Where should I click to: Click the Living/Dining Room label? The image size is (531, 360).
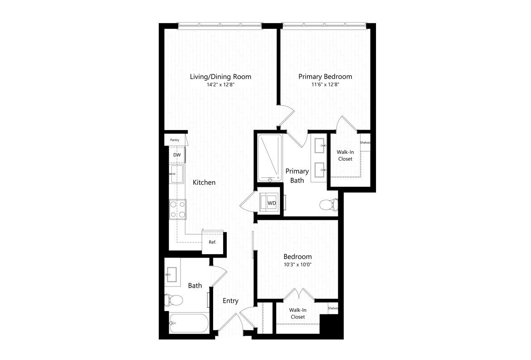(x=221, y=77)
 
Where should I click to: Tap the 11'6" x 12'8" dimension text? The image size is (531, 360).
(x=325, y=84)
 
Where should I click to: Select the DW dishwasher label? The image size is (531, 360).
(x=177, y=155)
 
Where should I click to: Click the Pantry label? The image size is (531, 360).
(x=175, y=140)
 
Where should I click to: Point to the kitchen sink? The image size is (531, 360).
(x=177, y=174)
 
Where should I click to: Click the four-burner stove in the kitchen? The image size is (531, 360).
(x=178, y=209)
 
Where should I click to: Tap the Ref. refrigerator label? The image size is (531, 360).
(x=212, y=242)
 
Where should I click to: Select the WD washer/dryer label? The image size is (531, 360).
(x=272, y=203)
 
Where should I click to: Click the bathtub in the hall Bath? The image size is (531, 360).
(x=189, y=323)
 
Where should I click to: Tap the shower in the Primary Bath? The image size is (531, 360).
(x=270, y=158)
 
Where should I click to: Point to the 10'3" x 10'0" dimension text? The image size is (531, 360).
(x=297, y=265)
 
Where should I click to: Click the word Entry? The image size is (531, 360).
(x=231, y=301)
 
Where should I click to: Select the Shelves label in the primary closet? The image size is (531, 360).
(x=365, y=143)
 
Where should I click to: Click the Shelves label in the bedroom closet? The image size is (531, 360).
(x=333, y=308)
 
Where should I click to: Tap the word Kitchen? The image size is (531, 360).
(x=204, y=182)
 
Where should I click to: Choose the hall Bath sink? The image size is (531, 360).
(x=173, y=275)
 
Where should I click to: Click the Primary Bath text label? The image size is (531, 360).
(x=297, y=176)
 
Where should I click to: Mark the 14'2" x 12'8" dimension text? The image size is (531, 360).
(x=221, y=85)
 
